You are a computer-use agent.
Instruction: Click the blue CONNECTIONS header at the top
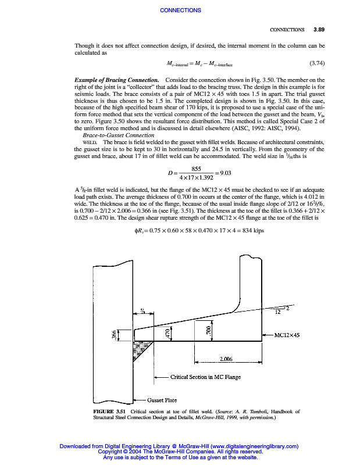[x=180, y=10]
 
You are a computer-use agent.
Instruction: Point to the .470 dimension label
[x=167, y=333]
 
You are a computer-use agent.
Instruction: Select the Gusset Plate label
[x=162, y=400]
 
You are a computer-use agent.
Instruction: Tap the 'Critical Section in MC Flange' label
[x=205, y=377]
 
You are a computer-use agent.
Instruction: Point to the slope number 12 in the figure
[x=278, y=312]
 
